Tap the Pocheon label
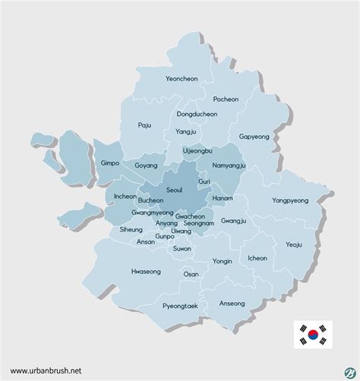point(225,99)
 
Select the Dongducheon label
point(197,115)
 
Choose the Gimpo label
point(111,162)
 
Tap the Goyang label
point(146,165)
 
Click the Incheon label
point(125,197)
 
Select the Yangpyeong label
point(289,201)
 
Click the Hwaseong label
point(146,271)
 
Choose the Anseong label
point(232,304)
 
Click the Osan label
point(191,274)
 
